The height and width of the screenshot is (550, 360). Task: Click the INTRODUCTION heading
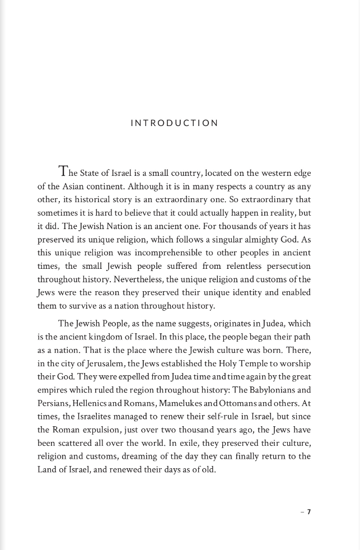(174, 123)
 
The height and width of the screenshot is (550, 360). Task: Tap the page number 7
(308, 511)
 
